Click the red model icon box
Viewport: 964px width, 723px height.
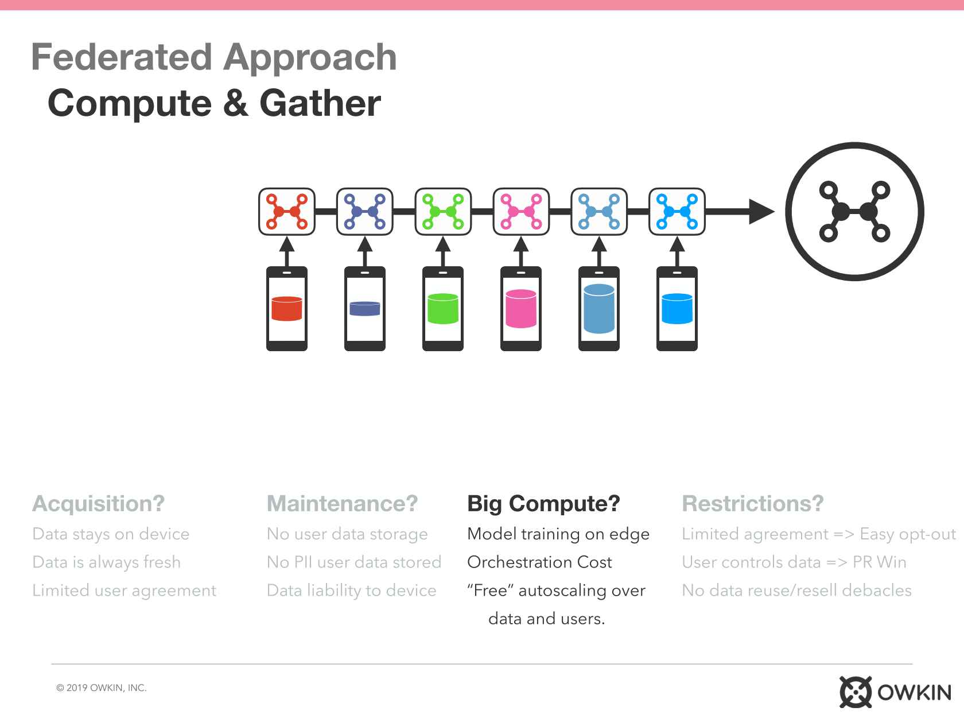pos(287,212)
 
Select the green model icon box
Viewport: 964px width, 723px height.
pos(442,212)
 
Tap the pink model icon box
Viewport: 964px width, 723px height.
pos(521,212)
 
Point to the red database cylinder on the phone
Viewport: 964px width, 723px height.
pos(287,309)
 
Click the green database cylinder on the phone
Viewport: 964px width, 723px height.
pos(442,309)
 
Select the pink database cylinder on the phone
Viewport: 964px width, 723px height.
pos(521,309)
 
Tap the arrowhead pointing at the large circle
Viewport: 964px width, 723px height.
pos(761,212)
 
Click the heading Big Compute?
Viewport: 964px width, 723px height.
pos(543,504)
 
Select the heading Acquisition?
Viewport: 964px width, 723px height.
pos(98,504)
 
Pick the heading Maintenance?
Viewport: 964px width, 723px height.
pos(342,503)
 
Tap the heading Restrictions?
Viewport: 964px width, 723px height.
pos(752,503)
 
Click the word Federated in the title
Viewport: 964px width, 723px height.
pos(122,57)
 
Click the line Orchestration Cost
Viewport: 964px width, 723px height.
pos(539,562)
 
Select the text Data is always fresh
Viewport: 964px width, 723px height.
pos(106,563)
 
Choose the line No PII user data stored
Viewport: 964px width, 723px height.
pos(354,562)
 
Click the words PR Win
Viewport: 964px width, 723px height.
pos(879,562)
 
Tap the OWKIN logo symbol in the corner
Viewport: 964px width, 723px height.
pos(855,692)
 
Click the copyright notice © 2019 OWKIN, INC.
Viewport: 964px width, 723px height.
pos(102,688)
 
